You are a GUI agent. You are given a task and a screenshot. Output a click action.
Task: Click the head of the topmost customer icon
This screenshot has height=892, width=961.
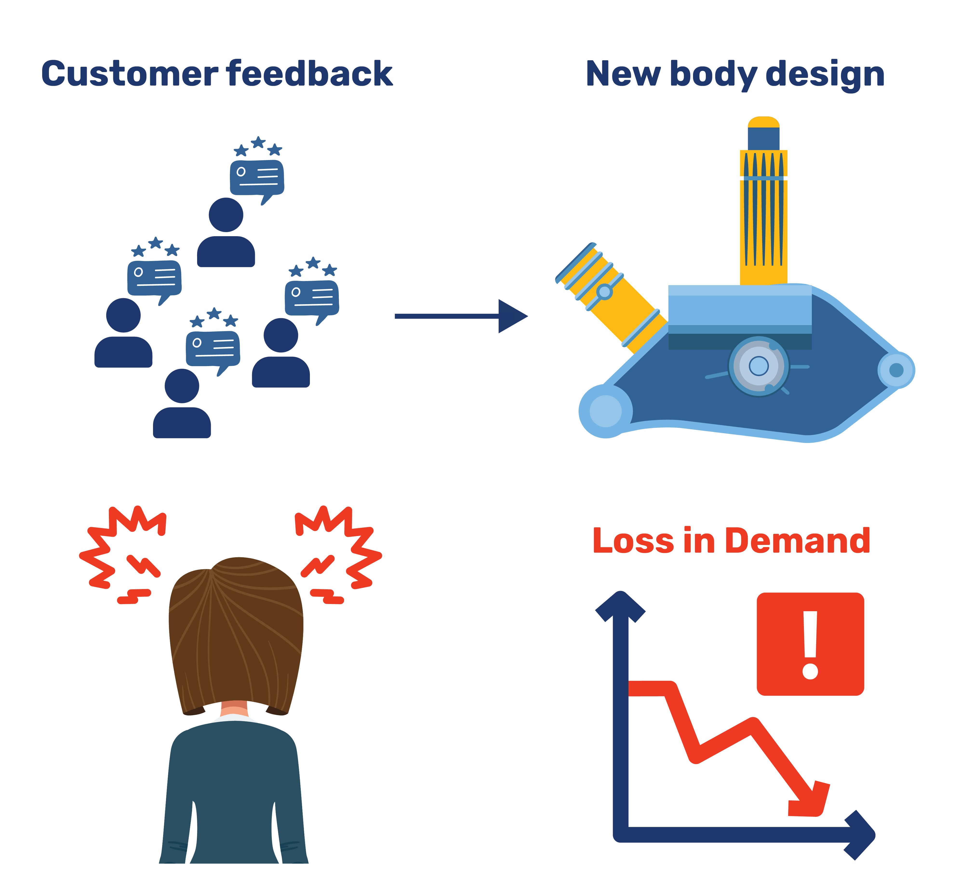tap(226, 215)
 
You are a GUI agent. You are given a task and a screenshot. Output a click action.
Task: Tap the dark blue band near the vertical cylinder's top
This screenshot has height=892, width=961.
tap(764, 139)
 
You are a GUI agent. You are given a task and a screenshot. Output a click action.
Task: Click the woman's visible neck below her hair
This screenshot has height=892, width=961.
tap(234, 709)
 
